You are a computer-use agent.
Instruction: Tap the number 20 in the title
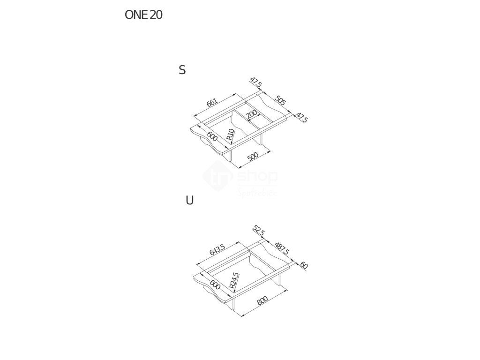click(157, 15)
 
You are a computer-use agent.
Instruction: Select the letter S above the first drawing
click(182, 70)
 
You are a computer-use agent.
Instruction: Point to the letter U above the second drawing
click(189, 201)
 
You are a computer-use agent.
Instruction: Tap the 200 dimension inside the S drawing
click(251, 115)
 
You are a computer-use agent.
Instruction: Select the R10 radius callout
click(230, 135)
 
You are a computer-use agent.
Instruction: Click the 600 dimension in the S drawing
click(212, 137)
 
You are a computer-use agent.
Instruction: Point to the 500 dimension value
click(253, 157)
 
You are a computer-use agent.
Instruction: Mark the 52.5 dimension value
click(258, 231)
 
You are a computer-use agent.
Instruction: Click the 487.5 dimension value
click(282, 249)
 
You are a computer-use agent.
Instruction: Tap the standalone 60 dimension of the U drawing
click(304, 265)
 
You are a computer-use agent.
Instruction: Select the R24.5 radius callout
click(234, 280)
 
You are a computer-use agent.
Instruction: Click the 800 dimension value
click(262, 301)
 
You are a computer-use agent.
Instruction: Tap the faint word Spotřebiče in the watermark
click(258, 192)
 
